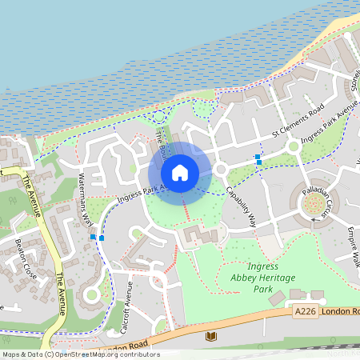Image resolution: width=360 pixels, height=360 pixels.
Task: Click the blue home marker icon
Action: pos(180,172)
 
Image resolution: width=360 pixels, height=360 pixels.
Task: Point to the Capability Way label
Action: pos(241,207)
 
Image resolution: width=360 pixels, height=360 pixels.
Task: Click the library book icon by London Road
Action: pos(211,336)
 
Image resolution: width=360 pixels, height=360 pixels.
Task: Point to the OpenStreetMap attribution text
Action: pos(80,354)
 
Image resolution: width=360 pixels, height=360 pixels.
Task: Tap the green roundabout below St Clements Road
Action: pos(293,146)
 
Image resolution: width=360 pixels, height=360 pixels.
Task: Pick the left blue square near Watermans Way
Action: pos(94,237)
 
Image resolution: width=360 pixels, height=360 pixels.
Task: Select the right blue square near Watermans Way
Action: pos(102,238)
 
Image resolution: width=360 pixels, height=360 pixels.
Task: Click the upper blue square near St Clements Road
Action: pos(257,157)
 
